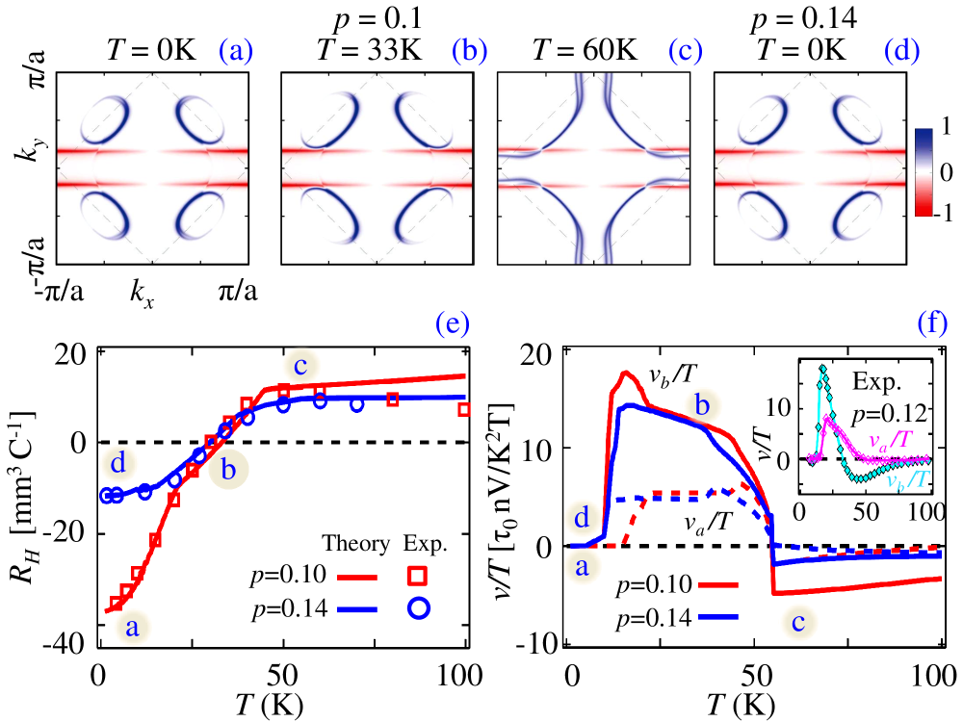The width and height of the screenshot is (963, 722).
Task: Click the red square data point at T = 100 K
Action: pos(465,409)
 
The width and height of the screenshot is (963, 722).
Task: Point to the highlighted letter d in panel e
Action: pos(118,463)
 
